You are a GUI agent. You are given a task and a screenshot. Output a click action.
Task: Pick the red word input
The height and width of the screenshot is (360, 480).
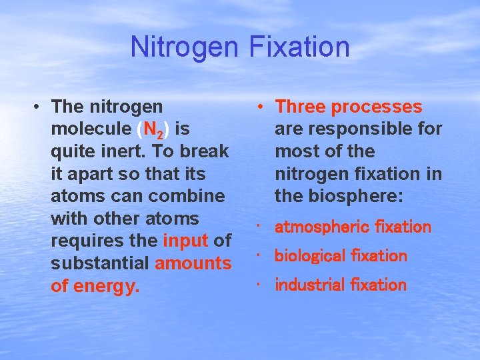pos(185,241)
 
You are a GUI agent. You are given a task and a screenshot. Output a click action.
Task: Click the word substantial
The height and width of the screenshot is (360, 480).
pos(100,263)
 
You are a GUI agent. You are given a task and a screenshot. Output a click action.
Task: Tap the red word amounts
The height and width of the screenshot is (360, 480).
pos(193,263)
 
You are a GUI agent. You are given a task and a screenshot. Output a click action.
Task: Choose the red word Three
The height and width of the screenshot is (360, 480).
pos(301,107)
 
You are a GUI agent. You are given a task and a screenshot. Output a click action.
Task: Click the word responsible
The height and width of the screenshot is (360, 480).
pos(370,129)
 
